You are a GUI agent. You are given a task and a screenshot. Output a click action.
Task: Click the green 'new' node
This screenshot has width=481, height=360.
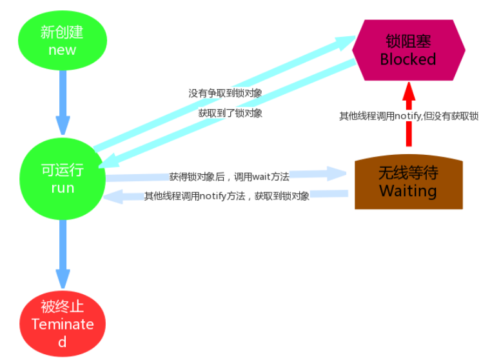pos(62,40)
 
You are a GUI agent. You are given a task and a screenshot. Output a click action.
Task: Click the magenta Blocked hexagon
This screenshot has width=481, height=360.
pos(408,50)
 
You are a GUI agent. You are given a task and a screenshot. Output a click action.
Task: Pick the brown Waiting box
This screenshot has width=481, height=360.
pos(408,182)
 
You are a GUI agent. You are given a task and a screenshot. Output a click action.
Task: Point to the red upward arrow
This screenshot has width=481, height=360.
pos(408,115)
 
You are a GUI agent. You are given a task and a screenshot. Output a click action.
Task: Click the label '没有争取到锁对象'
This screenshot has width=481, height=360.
pos(225,93)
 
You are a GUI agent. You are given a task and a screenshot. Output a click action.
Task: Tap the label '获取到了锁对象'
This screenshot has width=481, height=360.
pos(230,113)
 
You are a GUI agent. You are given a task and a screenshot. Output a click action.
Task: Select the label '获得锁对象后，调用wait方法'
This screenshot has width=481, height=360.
pos(229,176)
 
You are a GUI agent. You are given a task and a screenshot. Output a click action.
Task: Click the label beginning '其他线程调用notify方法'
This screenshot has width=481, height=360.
pos(227,196)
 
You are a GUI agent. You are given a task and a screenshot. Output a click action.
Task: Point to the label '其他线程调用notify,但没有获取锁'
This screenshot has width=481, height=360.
pos(409,116)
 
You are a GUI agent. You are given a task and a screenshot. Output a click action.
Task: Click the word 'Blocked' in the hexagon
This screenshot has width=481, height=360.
pos(408,59)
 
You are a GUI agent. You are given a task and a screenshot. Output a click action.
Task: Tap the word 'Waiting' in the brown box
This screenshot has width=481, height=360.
pos(408,191)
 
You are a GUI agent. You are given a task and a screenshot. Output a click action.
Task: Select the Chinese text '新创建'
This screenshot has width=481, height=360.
pos(62,32)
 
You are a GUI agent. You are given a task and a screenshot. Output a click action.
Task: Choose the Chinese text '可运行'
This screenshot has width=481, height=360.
pos(63,170)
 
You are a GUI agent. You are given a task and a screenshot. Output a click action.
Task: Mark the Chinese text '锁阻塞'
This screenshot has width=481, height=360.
pos(408,42)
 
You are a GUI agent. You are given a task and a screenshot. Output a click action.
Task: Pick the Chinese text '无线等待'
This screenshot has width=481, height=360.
pos(408,173)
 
